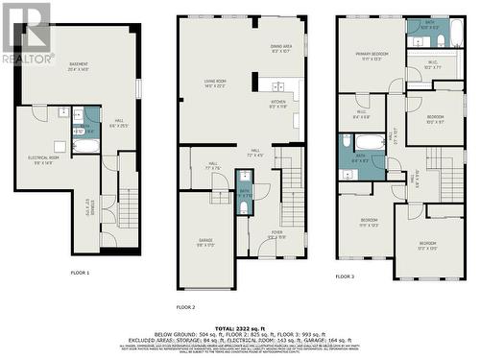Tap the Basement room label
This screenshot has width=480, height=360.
(x=79, y=66)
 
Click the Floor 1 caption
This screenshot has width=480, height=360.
(x=80, y=273)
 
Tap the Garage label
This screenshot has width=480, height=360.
(x=205, y=242)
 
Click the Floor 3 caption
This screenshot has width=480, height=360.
(x=345, y=276)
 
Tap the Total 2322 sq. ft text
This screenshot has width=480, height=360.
(x=240, y=328)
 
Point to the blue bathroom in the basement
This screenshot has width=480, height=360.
(x=85, y=130)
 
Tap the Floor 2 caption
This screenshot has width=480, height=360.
(x=185, y=306)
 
